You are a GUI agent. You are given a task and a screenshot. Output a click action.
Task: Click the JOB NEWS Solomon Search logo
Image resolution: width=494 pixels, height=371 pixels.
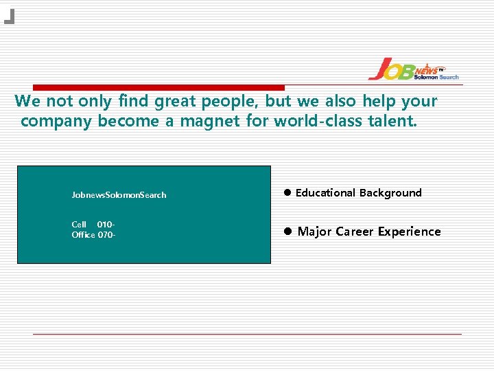(413, 69)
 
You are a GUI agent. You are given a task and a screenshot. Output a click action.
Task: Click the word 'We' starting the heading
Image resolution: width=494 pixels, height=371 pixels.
(27, 102)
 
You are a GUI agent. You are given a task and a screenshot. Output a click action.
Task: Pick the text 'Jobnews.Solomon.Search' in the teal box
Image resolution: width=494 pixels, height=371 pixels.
(119, 195)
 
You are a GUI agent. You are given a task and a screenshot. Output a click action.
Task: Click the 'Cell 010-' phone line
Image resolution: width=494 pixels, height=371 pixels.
(93, 225)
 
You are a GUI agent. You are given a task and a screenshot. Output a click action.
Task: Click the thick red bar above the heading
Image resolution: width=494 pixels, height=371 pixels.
(158, 87)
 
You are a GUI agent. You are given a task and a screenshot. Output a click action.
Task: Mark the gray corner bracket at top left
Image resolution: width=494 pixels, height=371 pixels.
(10, 17)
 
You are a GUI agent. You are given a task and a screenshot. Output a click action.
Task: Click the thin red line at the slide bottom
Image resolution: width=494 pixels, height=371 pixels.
(247, 334)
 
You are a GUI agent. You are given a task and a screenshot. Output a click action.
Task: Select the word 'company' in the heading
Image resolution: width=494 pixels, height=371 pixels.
(57, 122)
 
